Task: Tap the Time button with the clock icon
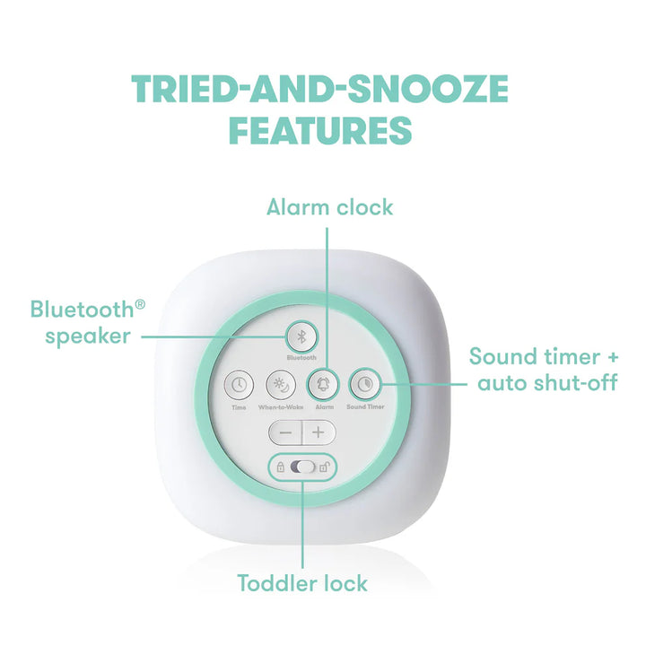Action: pyautogui.click(x=238, y=385)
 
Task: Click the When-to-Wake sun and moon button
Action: pyautogui.click(x=281, y=385)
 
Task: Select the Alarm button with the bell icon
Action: pyautogui.click(x=322, y=385)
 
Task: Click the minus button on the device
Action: pyautogui.click(x=285, y=432)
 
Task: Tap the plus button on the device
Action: pyautogui.click(x=318, y=432)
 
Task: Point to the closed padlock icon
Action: pyautogui.click(x=281, y=467)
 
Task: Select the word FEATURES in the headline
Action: pyautogui.click(x=319, y=130)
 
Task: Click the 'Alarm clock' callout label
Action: pyautogui.click(x=330, y=207)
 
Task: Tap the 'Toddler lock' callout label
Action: pyautogui.click(x=302, y=583)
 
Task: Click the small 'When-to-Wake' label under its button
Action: pyautogui.click(x=281, y=407)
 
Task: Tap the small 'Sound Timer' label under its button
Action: pyautogui.click(x=365, y=407)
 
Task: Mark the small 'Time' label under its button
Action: pyautogui.click(x=238, y=407)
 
